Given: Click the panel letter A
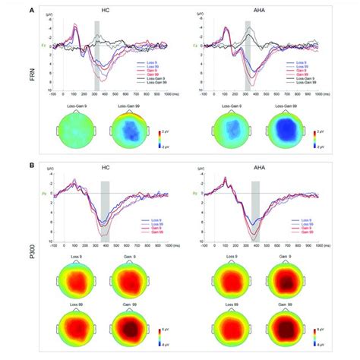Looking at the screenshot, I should (x=30, y=11).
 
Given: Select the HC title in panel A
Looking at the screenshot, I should (x=106, y=12).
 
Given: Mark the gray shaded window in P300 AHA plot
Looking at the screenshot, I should (x=257, y=213).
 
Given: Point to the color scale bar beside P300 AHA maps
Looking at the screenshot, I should (x=318, y=334).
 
